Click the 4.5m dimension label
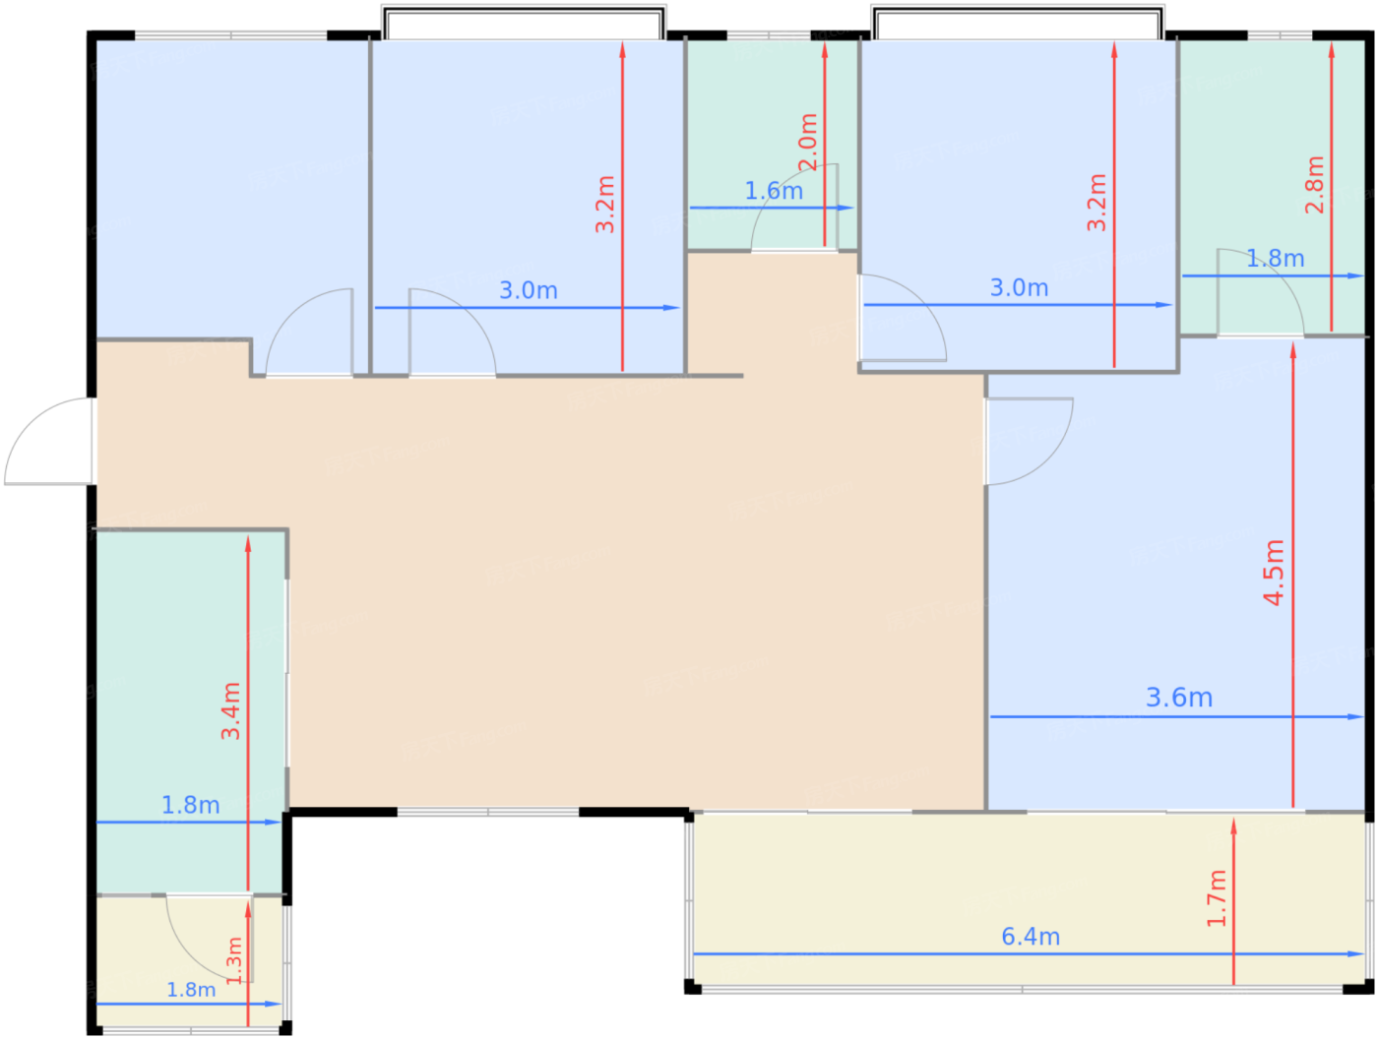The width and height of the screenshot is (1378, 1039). pos(1274,573)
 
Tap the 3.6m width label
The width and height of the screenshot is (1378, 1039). pos(1179,698)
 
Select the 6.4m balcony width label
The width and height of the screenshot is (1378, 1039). pos(1031,937)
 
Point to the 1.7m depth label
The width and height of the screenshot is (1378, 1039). pos(1216,898)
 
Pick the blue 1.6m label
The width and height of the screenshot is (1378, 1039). pos(774,191)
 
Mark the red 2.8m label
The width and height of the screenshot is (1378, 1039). pos(1314,185)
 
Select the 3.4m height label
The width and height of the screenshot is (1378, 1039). pos(230,710)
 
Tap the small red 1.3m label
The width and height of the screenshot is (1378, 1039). pos(233,960)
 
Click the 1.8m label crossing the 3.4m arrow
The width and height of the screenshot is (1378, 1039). pos(191,805)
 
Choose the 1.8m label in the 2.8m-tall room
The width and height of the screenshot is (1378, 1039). pos(1275,259)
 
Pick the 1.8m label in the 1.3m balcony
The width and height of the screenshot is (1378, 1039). pos(191,990)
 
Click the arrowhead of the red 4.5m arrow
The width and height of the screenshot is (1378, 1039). pos(1292,350)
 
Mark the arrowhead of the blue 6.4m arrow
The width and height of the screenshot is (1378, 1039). pos(1355,954)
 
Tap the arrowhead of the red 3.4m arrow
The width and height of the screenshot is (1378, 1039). pos(248,545)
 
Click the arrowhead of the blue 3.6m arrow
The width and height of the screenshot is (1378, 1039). pos(1355,716)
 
